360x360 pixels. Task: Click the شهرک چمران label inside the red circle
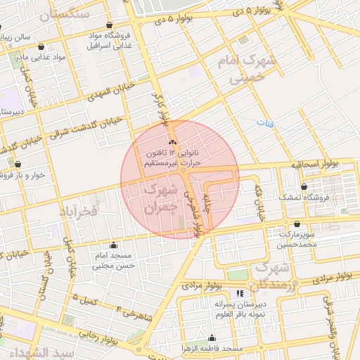[160, 199]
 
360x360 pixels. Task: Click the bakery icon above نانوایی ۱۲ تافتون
[172, 142]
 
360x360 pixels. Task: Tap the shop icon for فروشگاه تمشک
[303, 187]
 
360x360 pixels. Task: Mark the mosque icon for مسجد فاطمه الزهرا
[212, 338]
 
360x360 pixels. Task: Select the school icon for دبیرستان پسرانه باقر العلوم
[240, 292]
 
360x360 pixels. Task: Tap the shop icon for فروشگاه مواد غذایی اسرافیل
[109, 25]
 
